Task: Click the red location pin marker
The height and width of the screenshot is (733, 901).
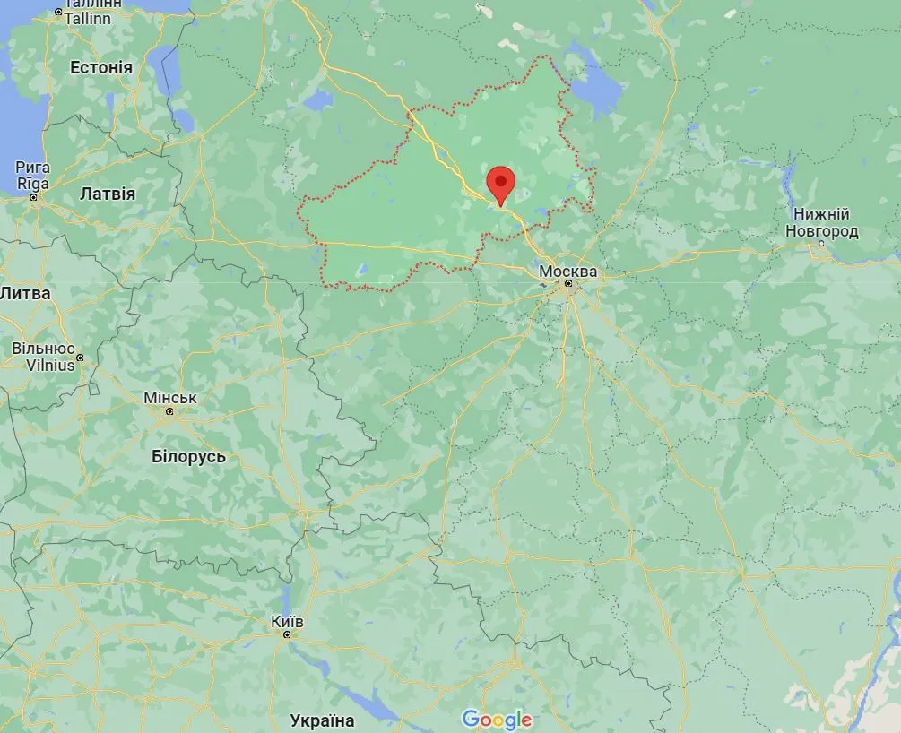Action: (x=500, y=185)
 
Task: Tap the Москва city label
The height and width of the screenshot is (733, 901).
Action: (x=567, y=270)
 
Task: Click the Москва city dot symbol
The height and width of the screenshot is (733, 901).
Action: (x=568, y=284)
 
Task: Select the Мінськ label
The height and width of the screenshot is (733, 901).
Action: (x=170, y=397)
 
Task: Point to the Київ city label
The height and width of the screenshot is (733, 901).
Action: (x=287, y=621)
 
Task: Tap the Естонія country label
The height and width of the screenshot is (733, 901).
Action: (x=101, y=68)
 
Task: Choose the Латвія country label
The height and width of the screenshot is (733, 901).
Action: (x=108, y=194)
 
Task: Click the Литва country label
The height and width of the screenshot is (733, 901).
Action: (x=25, y=293)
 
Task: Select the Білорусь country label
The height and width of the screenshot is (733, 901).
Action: (x=188, y=456)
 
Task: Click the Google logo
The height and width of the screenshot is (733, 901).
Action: (x=497, y=719)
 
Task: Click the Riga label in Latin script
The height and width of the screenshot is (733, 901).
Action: (x=32, y=184)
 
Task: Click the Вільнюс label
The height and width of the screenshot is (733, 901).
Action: (x=43, y=348)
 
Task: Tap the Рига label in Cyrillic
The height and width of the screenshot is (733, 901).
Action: (x=33, y=168)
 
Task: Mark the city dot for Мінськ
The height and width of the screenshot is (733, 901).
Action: (x=169, y=411)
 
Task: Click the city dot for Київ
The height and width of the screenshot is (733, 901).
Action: (x=287, y=634)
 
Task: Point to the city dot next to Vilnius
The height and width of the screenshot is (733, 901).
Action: (x=80, y=358)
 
